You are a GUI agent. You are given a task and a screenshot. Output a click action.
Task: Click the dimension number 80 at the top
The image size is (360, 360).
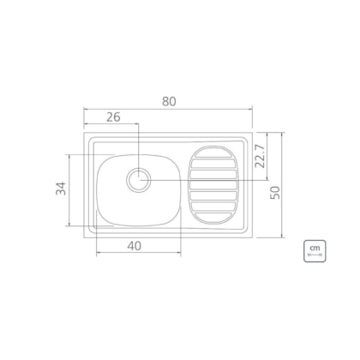tap(169, 101)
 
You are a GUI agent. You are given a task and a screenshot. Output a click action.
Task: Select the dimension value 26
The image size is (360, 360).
tap(113, 117)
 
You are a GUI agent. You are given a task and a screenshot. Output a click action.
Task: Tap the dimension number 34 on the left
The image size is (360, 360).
tap(61, 189)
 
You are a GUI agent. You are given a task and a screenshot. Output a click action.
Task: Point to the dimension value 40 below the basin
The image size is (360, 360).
tap(135, 246)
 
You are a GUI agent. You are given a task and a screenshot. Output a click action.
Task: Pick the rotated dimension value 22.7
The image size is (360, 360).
tap(260, 156)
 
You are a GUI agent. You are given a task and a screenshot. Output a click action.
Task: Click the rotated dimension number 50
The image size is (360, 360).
tap(276, 192)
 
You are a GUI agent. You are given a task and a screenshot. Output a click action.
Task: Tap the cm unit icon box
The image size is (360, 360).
tap(315, 251)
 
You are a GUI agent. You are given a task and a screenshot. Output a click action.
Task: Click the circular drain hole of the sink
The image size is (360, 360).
tap(139, 180)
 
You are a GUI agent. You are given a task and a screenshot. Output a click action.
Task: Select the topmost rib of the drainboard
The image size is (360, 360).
tap(213, 153)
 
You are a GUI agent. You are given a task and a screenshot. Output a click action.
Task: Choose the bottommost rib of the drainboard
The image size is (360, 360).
tap(213, 219)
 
